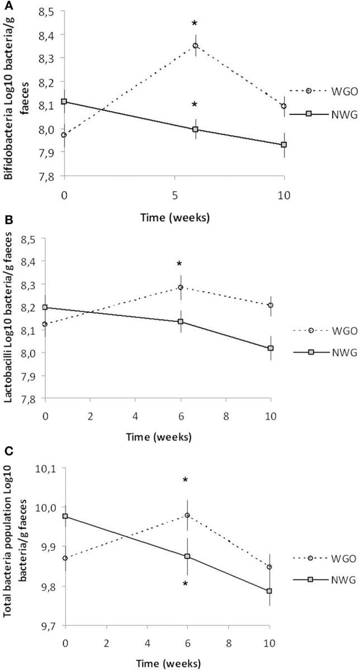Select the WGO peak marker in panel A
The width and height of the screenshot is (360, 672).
[x=195, y=46]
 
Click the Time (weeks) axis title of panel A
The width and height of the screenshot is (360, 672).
[x=174, y=218]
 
